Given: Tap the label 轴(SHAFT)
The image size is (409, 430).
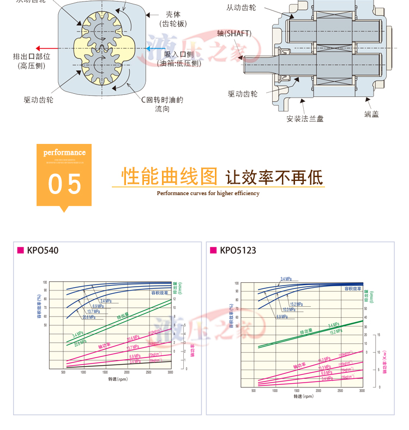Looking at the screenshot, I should point(234,33).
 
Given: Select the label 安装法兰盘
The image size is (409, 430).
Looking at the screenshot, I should point(305,118).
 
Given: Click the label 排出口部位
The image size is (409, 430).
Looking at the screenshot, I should point(32,56).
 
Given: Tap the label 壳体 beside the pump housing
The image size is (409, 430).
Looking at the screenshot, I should point(173,15).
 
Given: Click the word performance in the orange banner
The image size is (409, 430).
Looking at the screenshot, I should point(64,153).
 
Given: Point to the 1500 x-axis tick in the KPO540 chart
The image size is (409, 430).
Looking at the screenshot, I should point(105,372).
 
